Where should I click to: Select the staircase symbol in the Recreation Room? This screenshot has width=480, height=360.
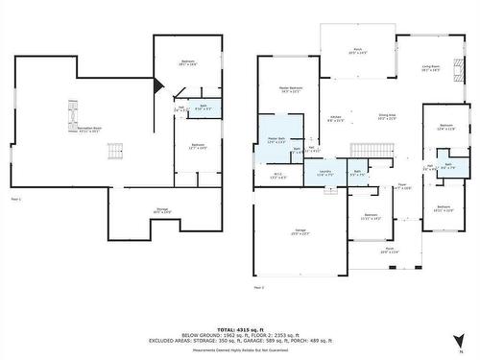click(x=115, y=151)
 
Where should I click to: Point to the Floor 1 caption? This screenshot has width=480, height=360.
click(x=15, y=199)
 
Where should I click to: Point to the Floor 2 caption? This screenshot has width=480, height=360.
click(x=258, y=286)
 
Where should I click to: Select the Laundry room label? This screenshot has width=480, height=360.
click(x=324, y=173)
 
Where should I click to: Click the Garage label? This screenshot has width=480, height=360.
click(x=287, y=232)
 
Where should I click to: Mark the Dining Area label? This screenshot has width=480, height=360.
click(x=386, y=117)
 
